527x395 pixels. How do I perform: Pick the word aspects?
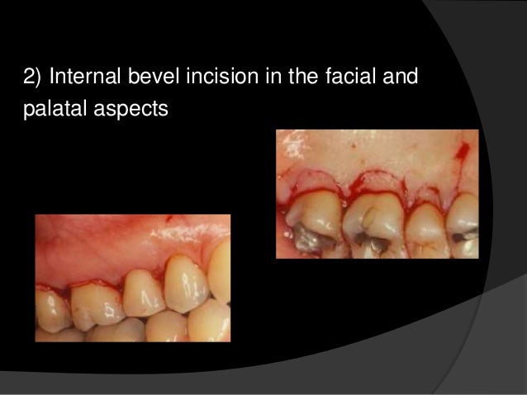[131, 108]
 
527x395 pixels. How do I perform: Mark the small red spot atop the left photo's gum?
[170, 219]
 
